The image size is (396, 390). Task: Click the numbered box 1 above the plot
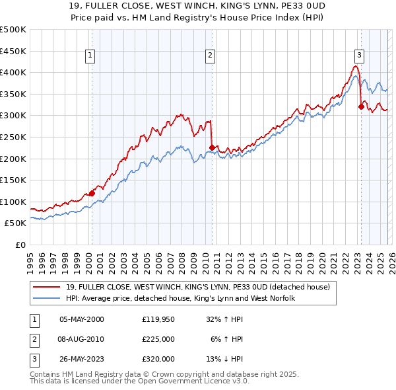[89, 56]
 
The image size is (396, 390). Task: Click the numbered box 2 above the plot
[210, 56]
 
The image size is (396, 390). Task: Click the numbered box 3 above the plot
[359, 56]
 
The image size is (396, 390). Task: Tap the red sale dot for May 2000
[92, 192]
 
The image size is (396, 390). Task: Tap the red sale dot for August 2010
[212, 147]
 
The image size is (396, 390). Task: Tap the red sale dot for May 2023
[361, 106]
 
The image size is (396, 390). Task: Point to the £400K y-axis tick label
[13, 72]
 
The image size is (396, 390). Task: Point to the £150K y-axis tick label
[13, 180]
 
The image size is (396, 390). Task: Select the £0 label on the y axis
[20, 245]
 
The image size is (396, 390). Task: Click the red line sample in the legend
[48, 286]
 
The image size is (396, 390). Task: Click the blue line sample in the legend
[48, 299]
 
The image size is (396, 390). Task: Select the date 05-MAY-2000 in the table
[82, 319]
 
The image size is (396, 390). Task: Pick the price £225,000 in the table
[158, 339]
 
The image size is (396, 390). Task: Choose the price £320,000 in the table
[158, 359]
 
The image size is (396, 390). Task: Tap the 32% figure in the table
[214, 319]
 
